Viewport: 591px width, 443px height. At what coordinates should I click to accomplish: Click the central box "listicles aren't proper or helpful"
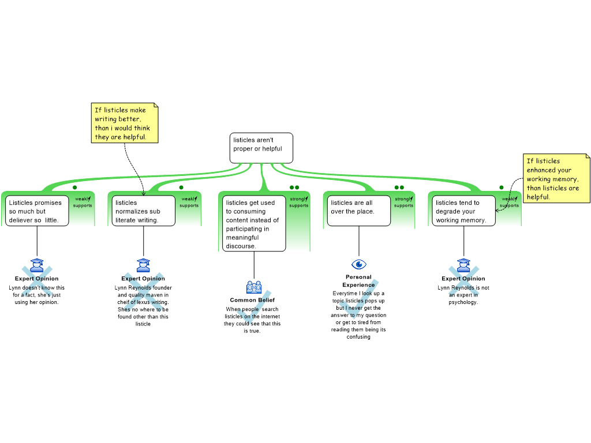[261, 148]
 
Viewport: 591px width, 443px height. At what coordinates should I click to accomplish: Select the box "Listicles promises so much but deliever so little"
[38, 211]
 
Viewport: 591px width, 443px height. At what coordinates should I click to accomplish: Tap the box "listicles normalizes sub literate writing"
[143, 211]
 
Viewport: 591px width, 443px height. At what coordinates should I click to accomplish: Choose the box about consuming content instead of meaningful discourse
[255, 224]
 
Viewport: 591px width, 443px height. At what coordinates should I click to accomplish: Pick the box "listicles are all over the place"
[358, 211]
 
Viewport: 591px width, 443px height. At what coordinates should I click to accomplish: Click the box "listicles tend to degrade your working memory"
[463, 211]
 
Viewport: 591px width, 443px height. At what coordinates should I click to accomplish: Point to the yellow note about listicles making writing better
[124, 123]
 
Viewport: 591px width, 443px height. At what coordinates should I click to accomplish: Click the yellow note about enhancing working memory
[556, 178]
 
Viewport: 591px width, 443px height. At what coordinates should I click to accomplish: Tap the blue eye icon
[359, 264]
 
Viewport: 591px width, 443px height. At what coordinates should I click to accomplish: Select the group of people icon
[254, 287]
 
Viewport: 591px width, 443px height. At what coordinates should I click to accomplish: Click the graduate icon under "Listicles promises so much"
[37, 265]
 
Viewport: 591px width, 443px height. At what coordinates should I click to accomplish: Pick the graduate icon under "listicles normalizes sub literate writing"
[143, 265]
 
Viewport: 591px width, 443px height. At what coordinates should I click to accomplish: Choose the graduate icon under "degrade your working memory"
[463, 265]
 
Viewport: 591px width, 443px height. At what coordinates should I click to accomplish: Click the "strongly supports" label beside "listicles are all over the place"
[403, 202]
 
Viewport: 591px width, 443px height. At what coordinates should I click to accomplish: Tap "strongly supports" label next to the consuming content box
[298, 202]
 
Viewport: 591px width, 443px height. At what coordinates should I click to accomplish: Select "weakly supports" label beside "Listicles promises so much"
[83, 202]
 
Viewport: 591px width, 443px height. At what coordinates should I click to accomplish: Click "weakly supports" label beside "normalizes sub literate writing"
[189, 202]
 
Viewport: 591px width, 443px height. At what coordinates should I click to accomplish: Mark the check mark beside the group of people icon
[254, 309]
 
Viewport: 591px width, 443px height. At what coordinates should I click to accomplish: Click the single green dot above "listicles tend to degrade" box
[502, 187]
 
